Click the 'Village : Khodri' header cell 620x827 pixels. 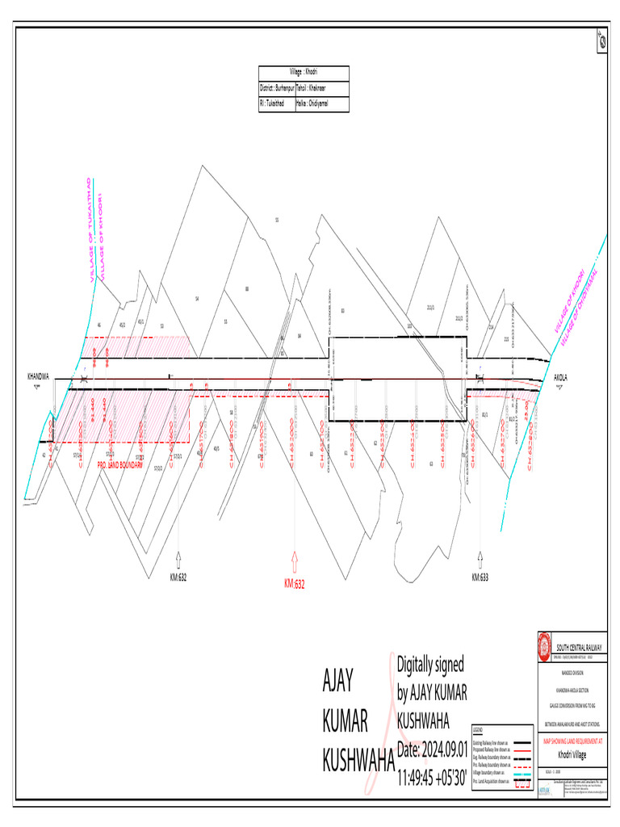click(x=304, y=73)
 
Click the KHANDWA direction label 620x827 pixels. click(x=38, y=376)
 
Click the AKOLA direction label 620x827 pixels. click(x=562, y=377)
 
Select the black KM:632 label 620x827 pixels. click(x=178, y=578)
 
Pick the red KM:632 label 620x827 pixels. click(x=295, y=583)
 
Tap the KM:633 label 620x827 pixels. click(x=481, y=578)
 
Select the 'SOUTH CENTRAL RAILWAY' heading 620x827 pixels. click(x=583, y=647)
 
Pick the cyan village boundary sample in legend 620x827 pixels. click(x=523, y=775)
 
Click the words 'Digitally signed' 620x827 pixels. click(x=430, y=665)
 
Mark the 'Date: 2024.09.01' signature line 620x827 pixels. click(x=432, y=750)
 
